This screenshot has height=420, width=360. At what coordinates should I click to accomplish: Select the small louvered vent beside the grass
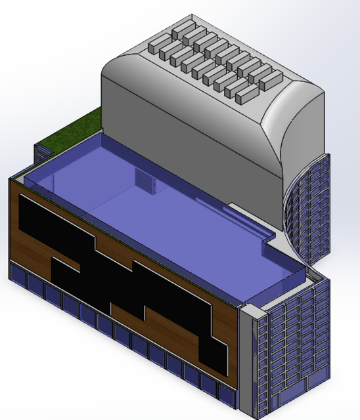pyautogui.click(x=41, y=153)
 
